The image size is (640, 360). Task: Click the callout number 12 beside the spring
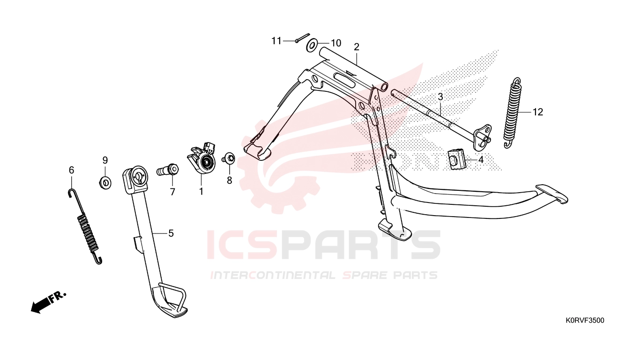538,112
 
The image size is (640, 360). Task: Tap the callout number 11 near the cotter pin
276,41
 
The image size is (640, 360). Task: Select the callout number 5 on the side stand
171,233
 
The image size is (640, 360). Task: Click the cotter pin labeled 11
303,38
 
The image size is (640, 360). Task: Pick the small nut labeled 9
105,182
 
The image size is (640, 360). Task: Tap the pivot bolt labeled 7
168,170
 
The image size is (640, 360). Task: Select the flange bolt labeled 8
229,158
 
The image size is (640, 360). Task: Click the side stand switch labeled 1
201,158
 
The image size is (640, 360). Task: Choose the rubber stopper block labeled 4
456,159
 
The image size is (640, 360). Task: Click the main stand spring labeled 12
513,112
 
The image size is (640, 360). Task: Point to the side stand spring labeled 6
85,227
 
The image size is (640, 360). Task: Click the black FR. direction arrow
48,302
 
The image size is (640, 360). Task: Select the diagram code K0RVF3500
585,321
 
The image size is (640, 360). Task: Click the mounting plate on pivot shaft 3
482,137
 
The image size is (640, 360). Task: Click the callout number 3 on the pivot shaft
440,97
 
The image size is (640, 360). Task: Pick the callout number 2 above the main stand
356,47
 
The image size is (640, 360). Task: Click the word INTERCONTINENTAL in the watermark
273,275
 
